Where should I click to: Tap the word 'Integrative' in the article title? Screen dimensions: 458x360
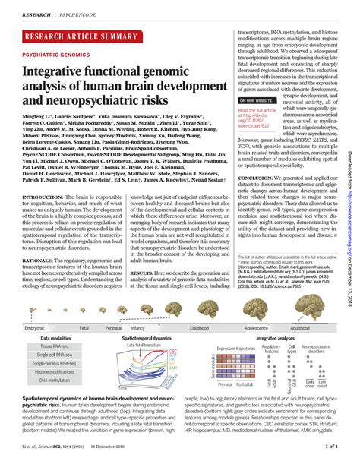(63, 73)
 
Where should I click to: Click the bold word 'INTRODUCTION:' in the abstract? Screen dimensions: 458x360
(44, 195)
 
